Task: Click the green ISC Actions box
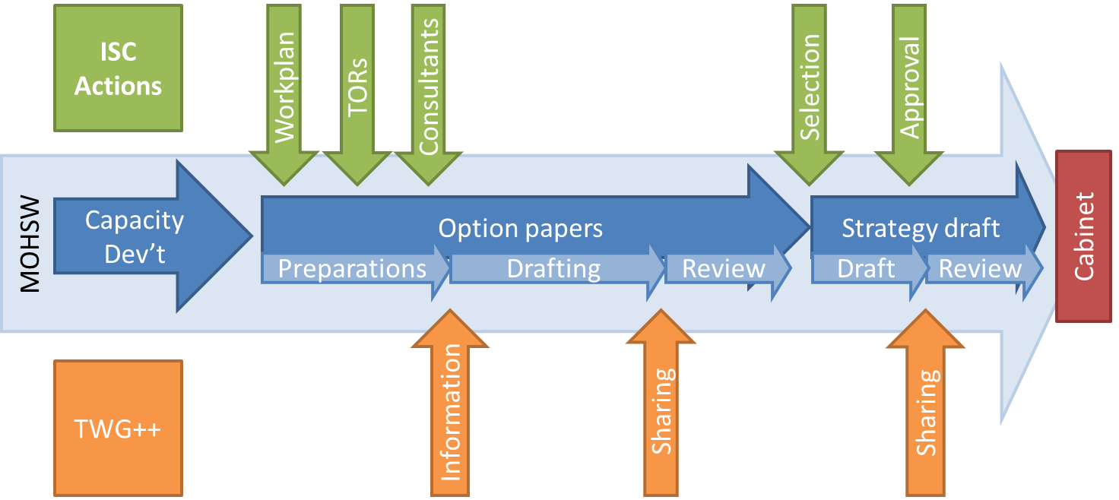[x=118, y=68]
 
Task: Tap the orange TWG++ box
[x=118, y=429]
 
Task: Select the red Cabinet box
[x=1085, y=236]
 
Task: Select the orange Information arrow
[x=450, y=410]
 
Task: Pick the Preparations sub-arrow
[x=353, y=269]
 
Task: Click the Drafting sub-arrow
[x=553, y=269]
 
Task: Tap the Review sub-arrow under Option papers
[x=724, y=269]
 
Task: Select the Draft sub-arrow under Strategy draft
[x=866, y=269]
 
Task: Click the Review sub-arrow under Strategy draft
[x=980, y=269]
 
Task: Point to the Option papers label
[x=521, y=229]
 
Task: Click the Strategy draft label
[x=921, y=229]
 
